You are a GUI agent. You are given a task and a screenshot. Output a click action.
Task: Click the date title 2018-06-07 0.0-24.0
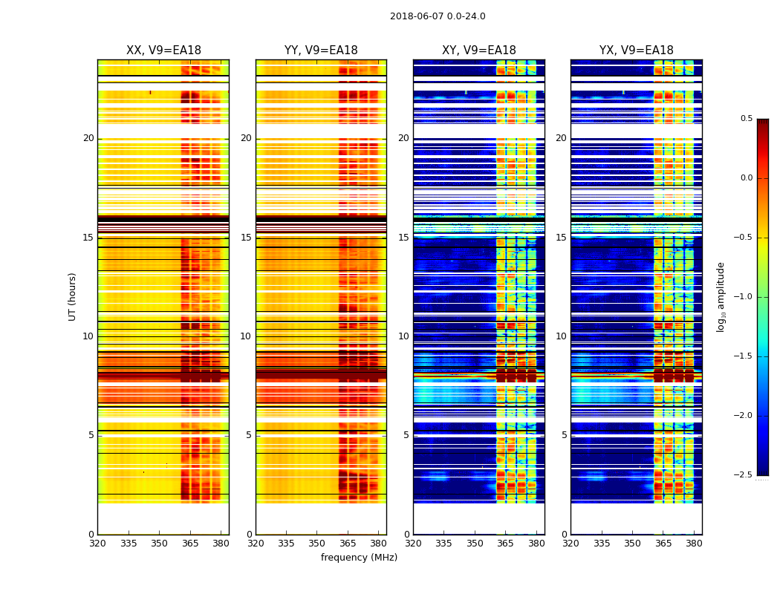coord(438,16)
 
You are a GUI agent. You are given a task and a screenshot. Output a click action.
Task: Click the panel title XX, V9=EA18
coord(163,50)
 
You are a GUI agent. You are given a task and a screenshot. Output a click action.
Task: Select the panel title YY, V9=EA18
coord(321,50)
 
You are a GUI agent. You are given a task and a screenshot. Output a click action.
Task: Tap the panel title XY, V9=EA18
coord(479,50)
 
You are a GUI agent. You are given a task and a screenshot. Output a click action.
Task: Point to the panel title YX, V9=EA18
coord(637,50)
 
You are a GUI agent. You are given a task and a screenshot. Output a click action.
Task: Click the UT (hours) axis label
coord(73,296)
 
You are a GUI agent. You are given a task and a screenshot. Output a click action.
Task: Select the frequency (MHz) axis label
coord(359,558)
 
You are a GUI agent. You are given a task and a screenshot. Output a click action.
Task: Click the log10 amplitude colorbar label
coord(721,297)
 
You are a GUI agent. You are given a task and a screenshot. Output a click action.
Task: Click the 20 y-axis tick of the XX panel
coord(88,138)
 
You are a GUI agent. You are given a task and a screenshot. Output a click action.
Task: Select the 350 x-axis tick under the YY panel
coord(317,543)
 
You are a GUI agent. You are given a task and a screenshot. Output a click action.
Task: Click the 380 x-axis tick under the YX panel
coord(694,543)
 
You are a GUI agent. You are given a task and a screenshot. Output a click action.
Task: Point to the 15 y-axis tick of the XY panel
coord(403,238)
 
